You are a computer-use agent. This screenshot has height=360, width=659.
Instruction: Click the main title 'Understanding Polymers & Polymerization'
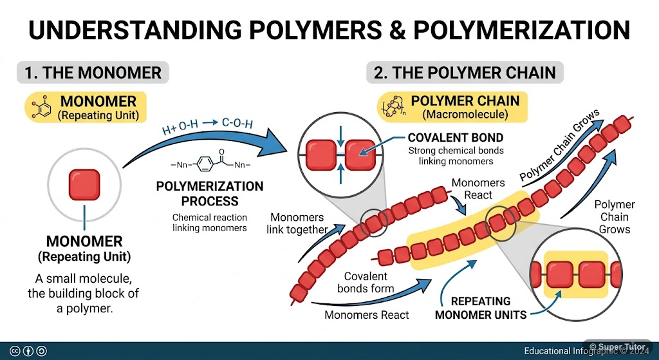[x=329, y=30]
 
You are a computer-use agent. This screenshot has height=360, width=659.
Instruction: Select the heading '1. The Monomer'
[x=93, y=72]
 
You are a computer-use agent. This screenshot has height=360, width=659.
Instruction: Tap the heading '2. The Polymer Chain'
[x=465, y=72]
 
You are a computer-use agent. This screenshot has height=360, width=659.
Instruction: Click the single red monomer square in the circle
[x=84, y=185]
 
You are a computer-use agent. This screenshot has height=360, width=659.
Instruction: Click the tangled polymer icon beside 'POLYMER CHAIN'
[x=393, y=106]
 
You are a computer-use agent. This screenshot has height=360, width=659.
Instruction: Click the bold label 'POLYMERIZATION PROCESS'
[x=210, y=193]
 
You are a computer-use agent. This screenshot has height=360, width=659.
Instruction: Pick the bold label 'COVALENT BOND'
[x=456, y=138]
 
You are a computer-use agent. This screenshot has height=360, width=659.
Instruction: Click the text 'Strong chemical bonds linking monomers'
[x=456, y=155]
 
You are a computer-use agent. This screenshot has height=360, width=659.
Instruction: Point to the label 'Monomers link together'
[x=299, y=223]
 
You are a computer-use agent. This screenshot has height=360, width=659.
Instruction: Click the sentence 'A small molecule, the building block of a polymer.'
[x=84, y=294]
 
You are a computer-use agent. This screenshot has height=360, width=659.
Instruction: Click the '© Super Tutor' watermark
[x=615, y=347]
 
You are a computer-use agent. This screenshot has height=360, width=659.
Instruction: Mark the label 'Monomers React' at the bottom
[x=366, y=315]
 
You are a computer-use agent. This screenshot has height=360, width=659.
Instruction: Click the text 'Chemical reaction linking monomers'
[x=210, y=222]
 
